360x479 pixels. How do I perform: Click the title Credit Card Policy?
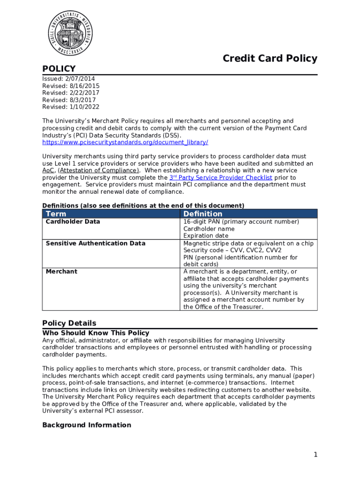[x=270, y=58]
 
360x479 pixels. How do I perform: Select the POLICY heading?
[x=59, y=69]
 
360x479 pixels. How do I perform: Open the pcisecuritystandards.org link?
[x=125, y=142]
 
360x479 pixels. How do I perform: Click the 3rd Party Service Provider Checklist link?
[x=220, y=178]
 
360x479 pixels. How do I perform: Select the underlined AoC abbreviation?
[x=48, y=171]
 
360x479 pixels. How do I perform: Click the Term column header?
[x=56, y=214]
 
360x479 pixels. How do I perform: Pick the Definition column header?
[x=203, y=214]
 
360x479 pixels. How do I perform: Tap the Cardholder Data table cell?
[x=72, y=222]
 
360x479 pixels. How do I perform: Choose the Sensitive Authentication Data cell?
[x=95, y=243]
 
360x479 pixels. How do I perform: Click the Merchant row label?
[x=61, y=272]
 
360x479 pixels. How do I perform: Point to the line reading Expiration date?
[x=206, y=236]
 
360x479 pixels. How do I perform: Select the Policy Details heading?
[x=69, y=323]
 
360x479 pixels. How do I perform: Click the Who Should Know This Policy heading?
[x=96, y=333]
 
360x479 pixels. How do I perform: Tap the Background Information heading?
[x=86, y=425]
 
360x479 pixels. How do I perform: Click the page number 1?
[x=316, y=455]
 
